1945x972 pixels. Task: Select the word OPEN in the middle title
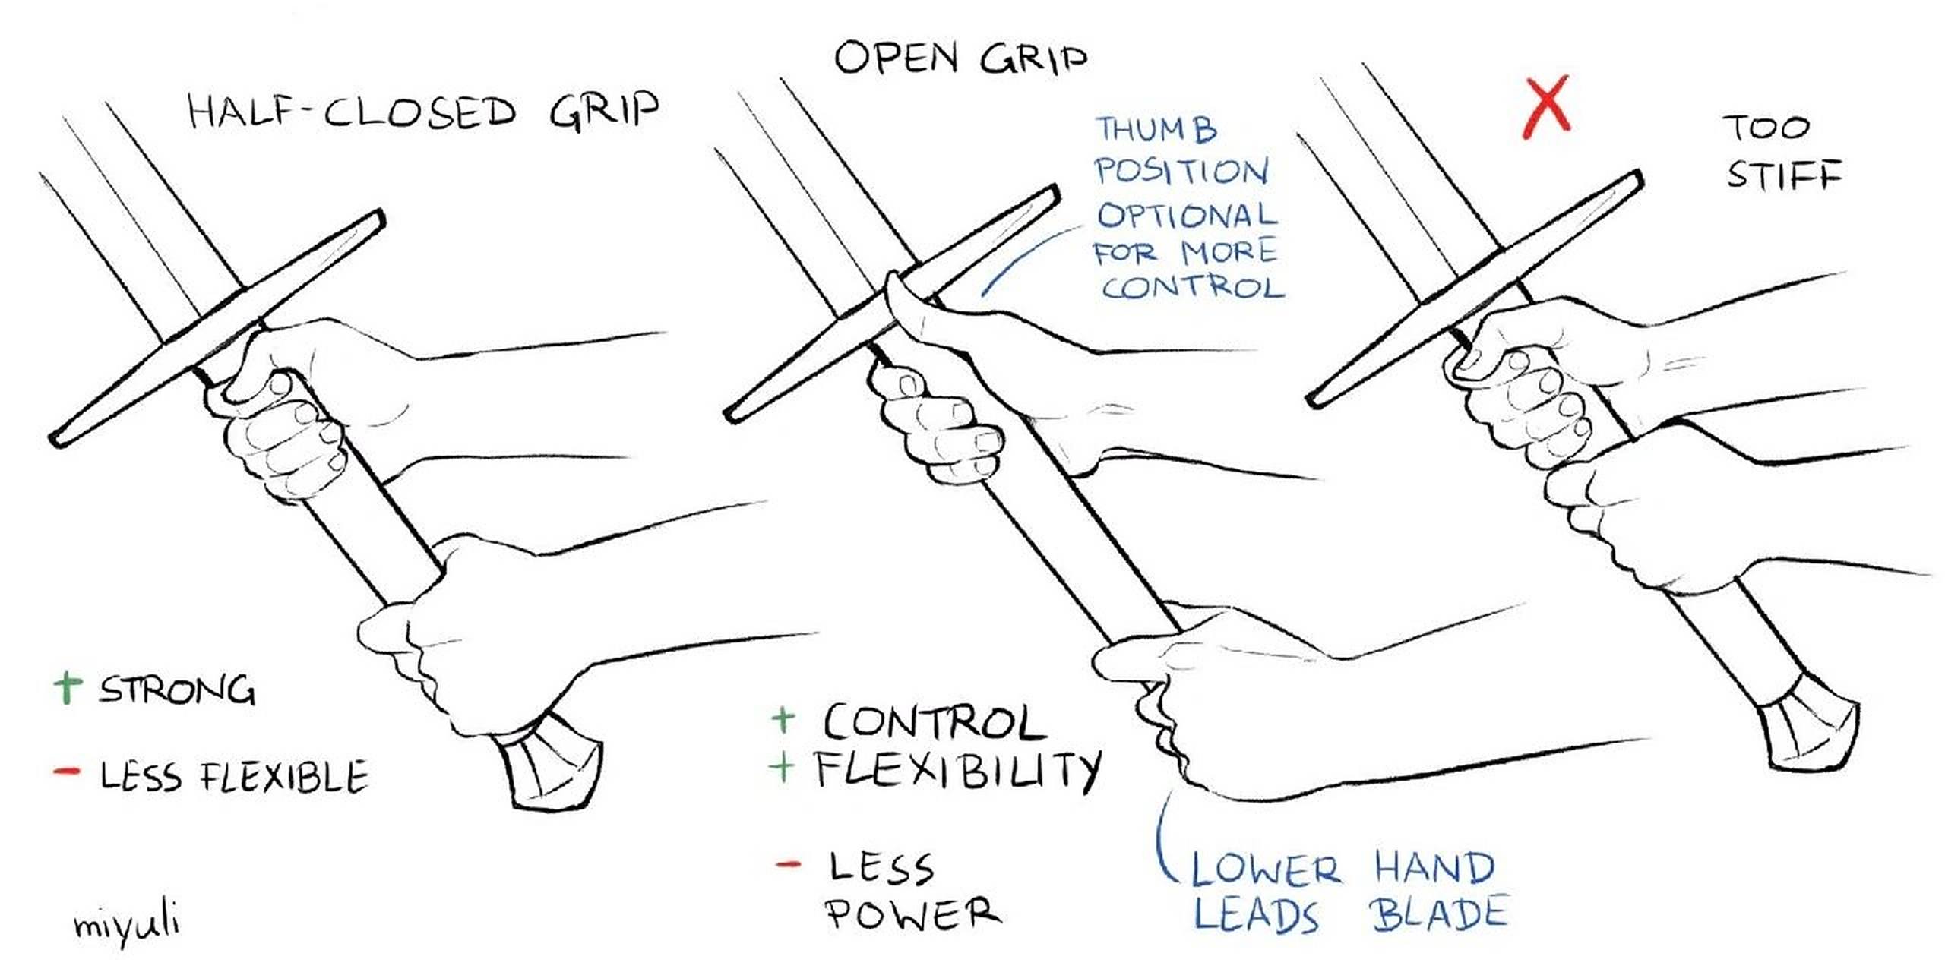click(x=897, y=58)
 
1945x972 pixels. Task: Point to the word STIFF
click(x=1784, y=175)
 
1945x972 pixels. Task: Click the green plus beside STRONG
click(x=68, y=686)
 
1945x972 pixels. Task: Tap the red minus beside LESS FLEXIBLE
click(x=66, y=772)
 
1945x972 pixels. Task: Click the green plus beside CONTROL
click(x=783, y=718)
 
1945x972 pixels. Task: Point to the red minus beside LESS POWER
click(x=788, y=864)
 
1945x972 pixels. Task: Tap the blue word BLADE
click(x=1439, y=914)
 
